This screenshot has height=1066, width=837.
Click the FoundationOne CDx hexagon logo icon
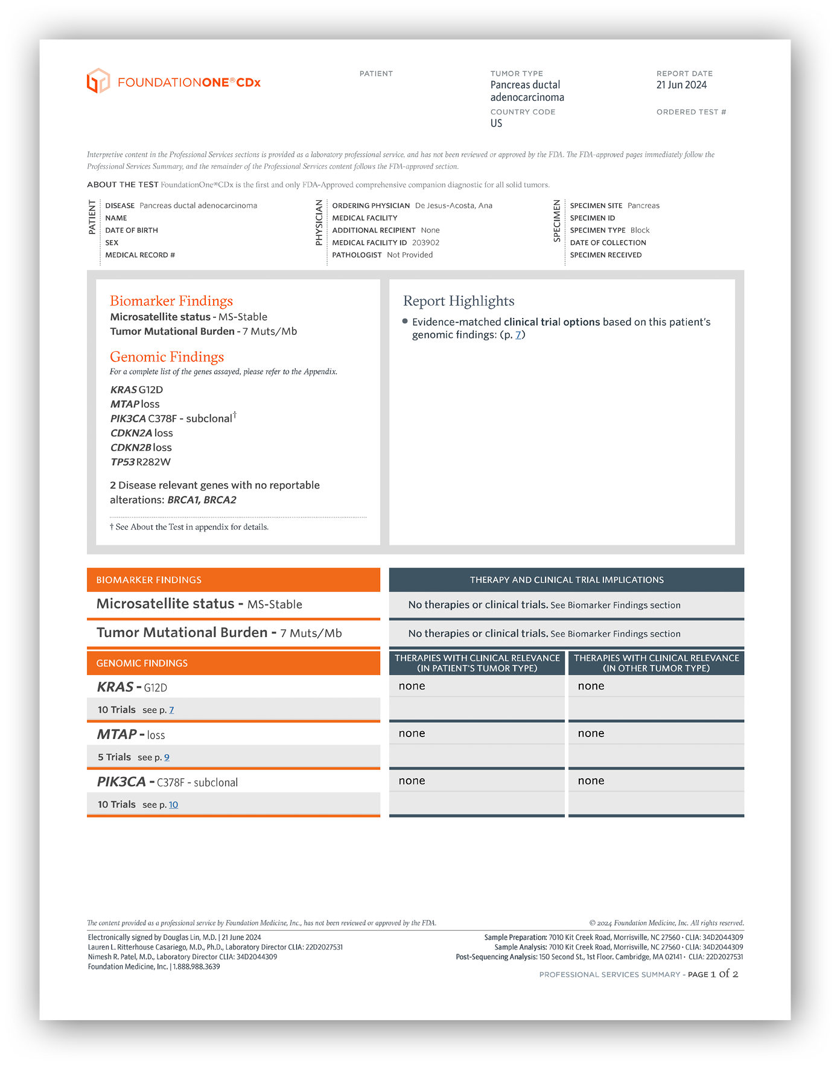click(x=98, y=81)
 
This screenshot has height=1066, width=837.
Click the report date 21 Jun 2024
click(x=681, y=85)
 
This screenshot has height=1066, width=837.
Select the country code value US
click(x=496, y=123)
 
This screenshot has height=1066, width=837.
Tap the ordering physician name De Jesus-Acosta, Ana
click(x=453, y=206)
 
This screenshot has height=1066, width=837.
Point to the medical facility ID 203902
click(x=425, y=243)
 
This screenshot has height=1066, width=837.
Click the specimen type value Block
click(x=640, y=230)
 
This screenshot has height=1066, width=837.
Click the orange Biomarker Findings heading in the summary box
click(x=171, y=301)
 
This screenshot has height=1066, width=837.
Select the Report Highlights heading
click(x=459, y=301)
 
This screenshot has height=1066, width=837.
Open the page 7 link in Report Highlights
click(x=518, y=335)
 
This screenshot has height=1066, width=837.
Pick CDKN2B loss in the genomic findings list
click(x=141, y=448)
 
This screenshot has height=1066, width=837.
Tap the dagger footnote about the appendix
click(x=189, y=527)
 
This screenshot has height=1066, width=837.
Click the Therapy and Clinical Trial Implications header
click(x=567, y=580)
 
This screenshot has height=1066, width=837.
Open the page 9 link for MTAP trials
click(x=167, y=757)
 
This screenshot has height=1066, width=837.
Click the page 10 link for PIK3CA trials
click(x=173, y=805)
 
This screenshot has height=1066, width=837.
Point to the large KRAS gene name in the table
click(x=115, y=687)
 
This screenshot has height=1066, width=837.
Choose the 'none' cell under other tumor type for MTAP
click(x=591, y=734)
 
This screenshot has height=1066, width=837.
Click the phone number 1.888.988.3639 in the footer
click(x=197, y=966)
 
